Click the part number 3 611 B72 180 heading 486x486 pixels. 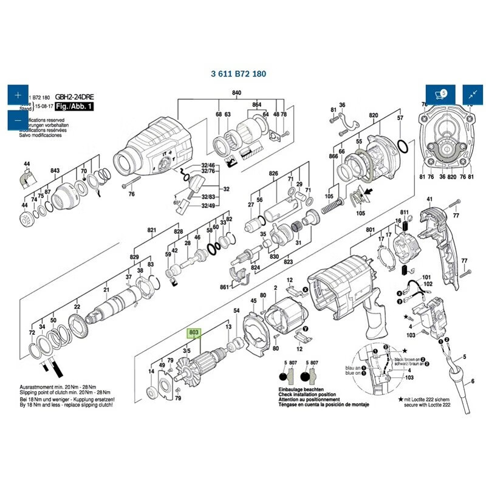tap(238, 74)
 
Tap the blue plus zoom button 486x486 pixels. tap(17, 96)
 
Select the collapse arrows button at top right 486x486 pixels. tap(471, 94)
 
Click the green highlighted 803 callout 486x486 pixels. tap(194, 333)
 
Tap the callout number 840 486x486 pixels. tap(236, 92)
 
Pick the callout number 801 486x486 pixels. tap(370, 230)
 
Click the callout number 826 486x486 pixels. tap(273, 174)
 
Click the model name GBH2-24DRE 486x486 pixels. tap(75, 97)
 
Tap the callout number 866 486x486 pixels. tap(333, 157)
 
